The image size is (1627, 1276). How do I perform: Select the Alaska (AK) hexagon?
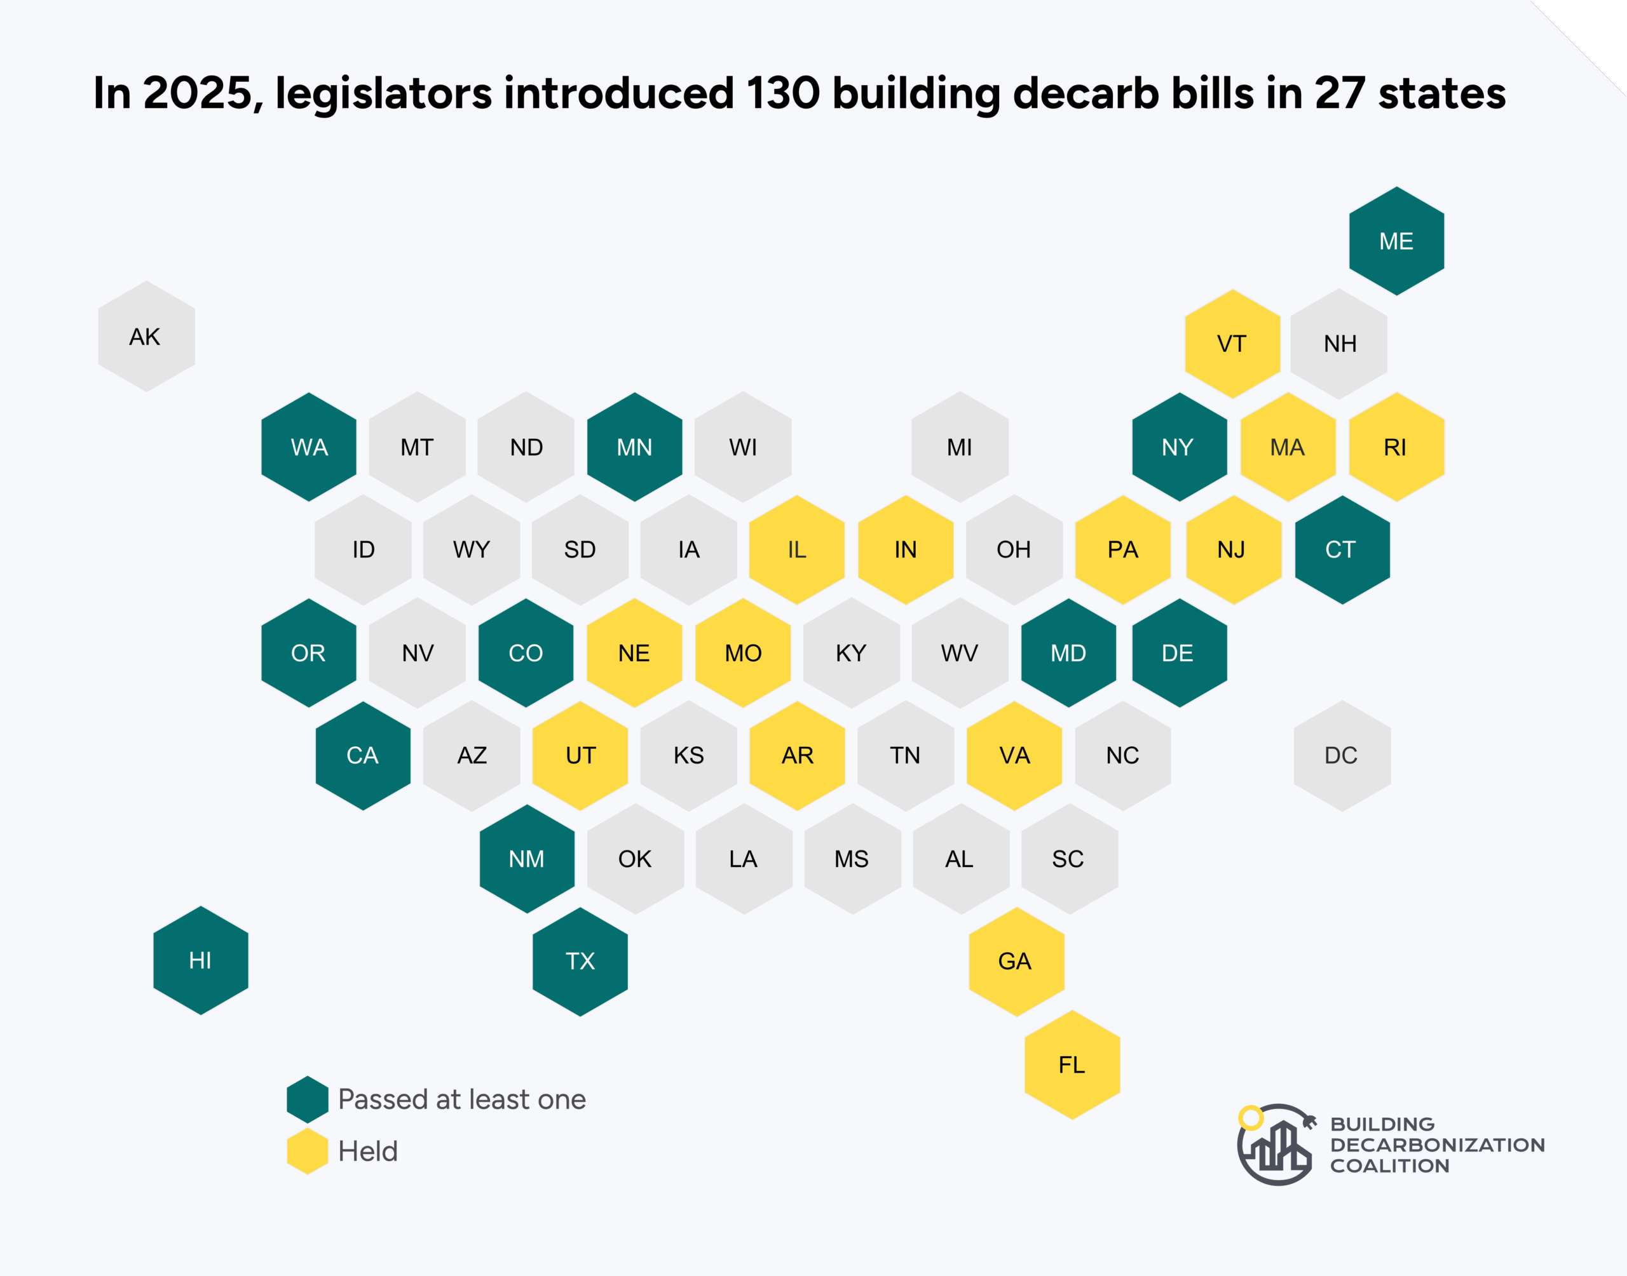pyautogui.click(x=146, y=336)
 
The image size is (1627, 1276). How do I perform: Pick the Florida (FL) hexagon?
pyautogui.click(x=1072, y=1064)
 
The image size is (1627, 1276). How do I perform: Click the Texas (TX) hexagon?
pyautogui.click(x=580, y=962)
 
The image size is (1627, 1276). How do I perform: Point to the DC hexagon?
pyautogui.click(x=1342, y=755)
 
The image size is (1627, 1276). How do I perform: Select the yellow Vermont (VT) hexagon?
pyautogui.click(x=1232, y=344)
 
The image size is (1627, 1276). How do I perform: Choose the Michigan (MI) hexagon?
pyautogui.click(x=960, y=447)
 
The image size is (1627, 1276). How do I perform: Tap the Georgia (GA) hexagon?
pyautogui.click(x=1016, y=962)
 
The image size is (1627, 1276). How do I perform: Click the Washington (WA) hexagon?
pyautogui.click(x=309, y=447)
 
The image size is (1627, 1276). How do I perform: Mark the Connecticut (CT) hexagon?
pyautogui.click(x=1342, y=550)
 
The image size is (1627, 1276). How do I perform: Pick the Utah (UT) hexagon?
pyautogui.click(x=580, y=755)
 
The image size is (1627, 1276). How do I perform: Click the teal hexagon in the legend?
pyautogui.click(x=307, y=1099)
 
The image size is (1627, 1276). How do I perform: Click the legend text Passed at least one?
pyautogui.click(x=461, y=1099)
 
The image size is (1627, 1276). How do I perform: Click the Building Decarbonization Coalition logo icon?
pyautogui.click(x=1275, y=1144)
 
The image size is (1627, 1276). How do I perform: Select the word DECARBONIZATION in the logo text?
pyautogui.click(x=1436, y=1145)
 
